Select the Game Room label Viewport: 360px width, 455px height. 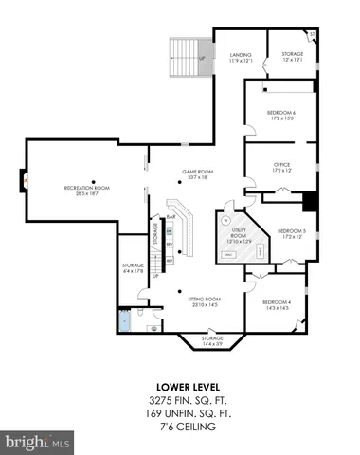[196, 173]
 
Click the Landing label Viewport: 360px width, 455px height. [241, 57]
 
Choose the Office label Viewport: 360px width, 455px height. [281, 167]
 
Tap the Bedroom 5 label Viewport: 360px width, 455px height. [291, 233]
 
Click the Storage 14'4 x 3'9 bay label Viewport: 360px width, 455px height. [212, 340]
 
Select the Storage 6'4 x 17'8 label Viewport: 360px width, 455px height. [133, 268]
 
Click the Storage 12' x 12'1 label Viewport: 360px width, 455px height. [293, 57]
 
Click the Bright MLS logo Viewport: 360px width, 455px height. [38, 443]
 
